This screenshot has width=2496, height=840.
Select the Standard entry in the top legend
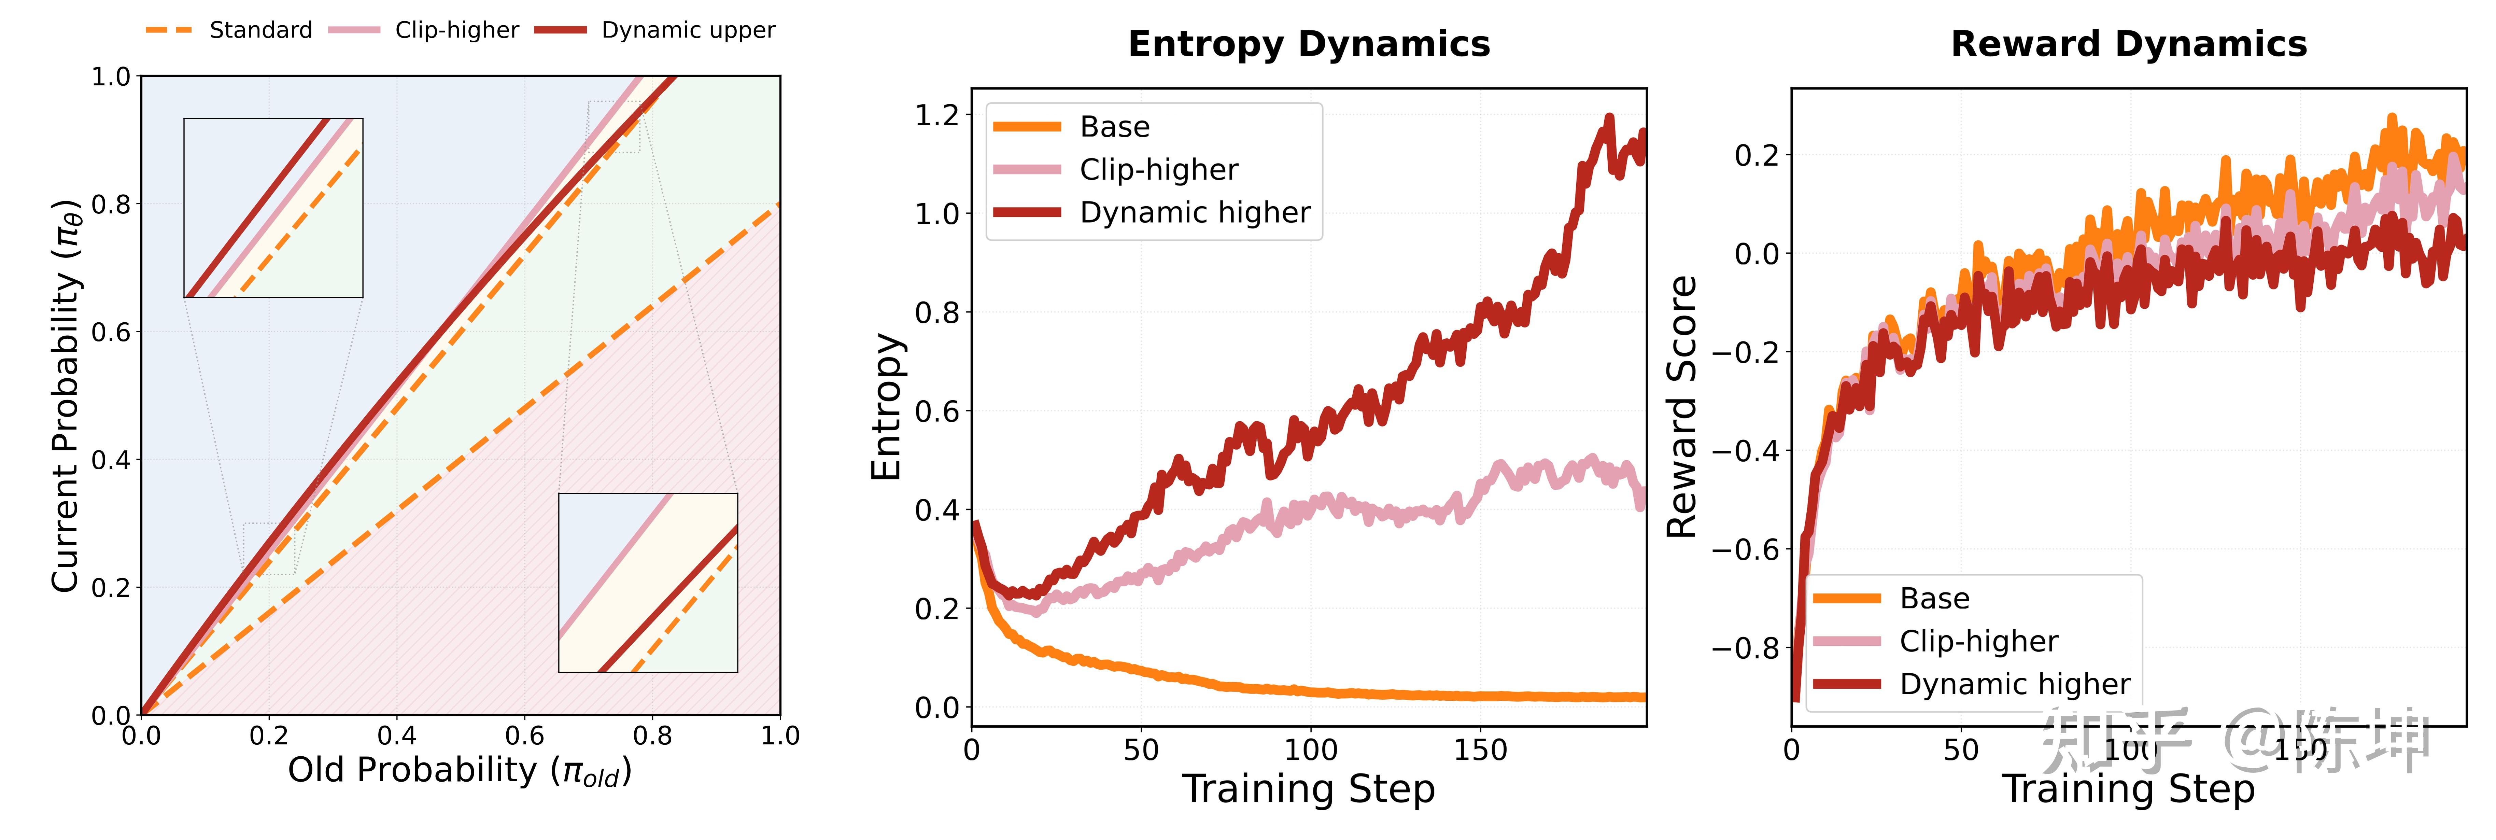pyautogui.click(x=260, y=30)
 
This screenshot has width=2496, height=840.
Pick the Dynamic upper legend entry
pyautogui.click(x=688, y=30)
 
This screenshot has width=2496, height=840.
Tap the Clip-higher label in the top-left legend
pyautogui.click(x=456, y=30)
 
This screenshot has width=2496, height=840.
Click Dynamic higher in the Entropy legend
pyautogui.click(x=1195, y=212)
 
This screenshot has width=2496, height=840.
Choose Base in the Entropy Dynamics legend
pyautogui.click(x=1114, y=127)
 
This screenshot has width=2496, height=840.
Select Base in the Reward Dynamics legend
pyautogui.click(x=1934, y=599)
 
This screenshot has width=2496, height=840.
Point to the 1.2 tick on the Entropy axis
pyautogui.click(x=936, y=115)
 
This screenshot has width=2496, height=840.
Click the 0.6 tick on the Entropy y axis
pyautogui.click(x=936, y=412)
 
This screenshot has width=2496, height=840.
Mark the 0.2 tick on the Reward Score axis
pyautogui.click(x=1756, y=155)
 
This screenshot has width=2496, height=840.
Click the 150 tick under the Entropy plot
pyautogui.click(x=1480, y=750)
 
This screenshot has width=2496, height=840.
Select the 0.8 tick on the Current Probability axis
pyautogui.click(x=111, y=205)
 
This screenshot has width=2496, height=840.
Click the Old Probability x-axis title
pyautogui.click(x=459, y=771)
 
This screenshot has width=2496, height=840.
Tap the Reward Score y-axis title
pyautogui.click(x=1682, y=407)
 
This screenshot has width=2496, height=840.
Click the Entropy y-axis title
pyautogui.click(x=886, y=407)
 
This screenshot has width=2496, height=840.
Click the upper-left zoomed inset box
pyautogui.click(x=273, y=208)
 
